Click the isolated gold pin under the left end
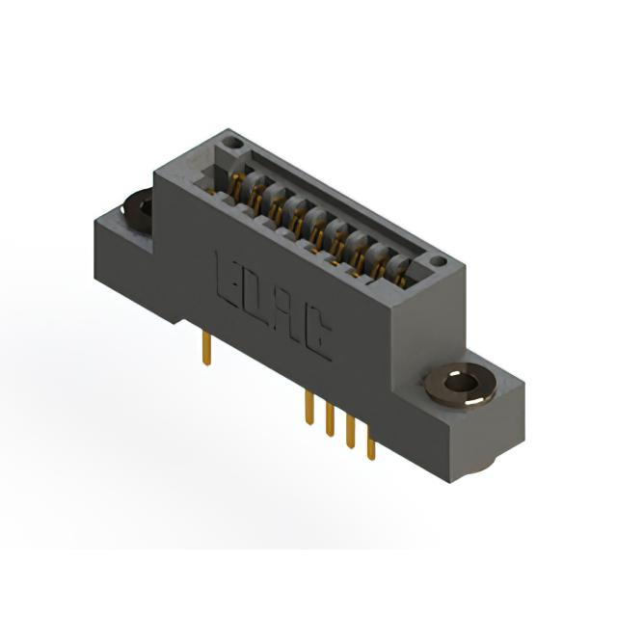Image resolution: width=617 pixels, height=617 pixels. [x=206, y=349]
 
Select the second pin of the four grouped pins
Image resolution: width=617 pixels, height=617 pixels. [x=330, y=420]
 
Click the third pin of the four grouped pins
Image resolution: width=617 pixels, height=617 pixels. [x=350, y=432]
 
